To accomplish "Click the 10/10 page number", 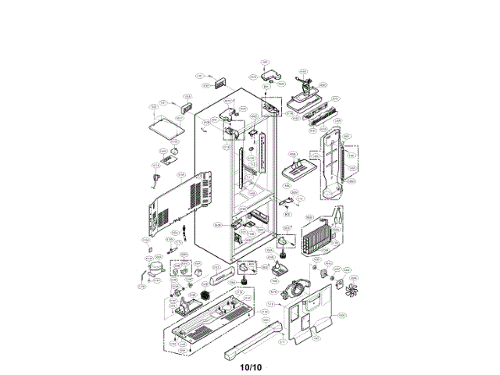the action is (250, 366).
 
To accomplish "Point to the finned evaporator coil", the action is (317, 237).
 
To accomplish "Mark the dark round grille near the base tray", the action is (207, 295).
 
